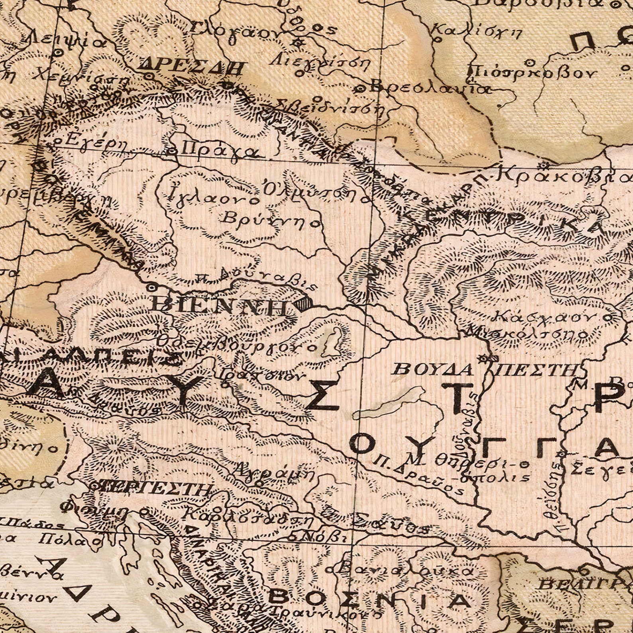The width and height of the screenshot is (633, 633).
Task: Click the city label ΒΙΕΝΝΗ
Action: coord(219,305)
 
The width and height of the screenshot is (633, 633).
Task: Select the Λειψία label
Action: coord(68,40)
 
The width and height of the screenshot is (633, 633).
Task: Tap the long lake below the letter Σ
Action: coord(389,403)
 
